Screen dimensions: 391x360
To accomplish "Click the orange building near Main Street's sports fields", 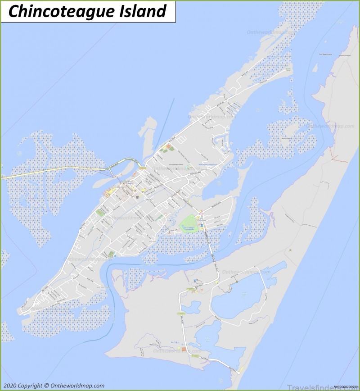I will tap(169, 147).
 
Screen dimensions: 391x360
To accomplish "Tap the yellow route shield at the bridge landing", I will tap(144, 168).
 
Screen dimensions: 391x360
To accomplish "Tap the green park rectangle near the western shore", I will tap(99, 212).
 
